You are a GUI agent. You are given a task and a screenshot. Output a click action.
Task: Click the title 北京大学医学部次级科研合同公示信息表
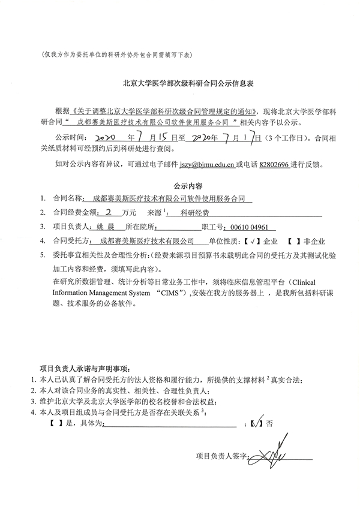point(180,85)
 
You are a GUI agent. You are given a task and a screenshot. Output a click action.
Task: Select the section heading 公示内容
point(179,185)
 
